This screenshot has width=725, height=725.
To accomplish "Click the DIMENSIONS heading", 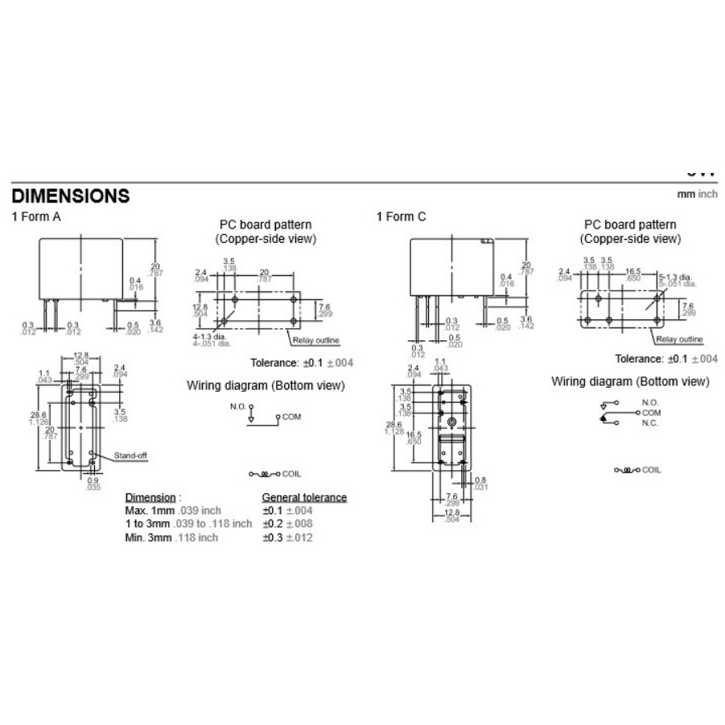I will (x=70, y=196).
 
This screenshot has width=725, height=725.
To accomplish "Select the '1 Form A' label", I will (x=35, y=216).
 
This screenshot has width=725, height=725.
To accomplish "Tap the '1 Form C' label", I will (x=401, y=216).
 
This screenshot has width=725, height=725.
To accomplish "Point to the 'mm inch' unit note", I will (x=697, y=195).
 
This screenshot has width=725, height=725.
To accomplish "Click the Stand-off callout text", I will (x=130, y=455).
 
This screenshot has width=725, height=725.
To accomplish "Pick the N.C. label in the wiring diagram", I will (x=649, y=423).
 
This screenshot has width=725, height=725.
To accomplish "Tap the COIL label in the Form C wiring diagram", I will (x=651, y=470).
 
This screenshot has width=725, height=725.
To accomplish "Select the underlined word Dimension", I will (x=150, y=497).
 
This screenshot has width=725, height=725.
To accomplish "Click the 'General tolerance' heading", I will (x=304, y=497).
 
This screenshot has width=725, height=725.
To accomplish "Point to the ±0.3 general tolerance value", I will (x=274, y=537).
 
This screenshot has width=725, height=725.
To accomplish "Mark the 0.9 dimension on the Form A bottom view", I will (x=94, y=481).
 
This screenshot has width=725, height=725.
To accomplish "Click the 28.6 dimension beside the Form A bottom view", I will (x=39, y=413).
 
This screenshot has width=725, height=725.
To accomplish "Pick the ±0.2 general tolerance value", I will (x=274, y=523).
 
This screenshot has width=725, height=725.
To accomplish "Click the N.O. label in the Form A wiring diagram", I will (x=237, y=406).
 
